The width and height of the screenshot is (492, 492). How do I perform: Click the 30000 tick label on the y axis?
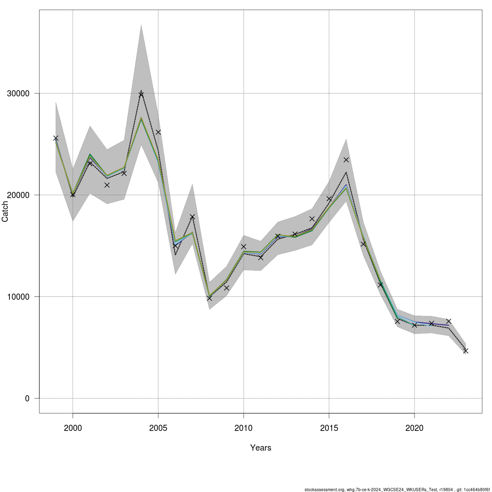(x=18, y=93)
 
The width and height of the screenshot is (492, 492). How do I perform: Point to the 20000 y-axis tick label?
(x=18, y=195)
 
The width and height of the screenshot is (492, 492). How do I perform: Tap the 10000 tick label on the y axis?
(x=18, y=297)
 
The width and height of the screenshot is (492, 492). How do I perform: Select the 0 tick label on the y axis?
(x=27, y=399)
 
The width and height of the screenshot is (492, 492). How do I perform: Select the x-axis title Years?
(x=261, y=448)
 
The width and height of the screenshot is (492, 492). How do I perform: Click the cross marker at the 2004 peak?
(x=141, y=94)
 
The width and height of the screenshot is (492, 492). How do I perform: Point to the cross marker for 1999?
(x=56, y=138)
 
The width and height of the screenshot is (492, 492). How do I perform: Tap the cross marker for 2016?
(x=346, y=159)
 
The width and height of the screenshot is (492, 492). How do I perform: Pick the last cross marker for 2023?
(x=466, y=351)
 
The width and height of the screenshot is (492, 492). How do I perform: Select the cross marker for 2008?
(x=210, y=298)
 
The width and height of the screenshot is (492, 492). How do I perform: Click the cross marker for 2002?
(x=107, y=185)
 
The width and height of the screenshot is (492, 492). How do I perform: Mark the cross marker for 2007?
(x=192, y=216)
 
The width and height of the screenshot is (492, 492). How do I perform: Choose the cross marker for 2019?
(x=397, y=321)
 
